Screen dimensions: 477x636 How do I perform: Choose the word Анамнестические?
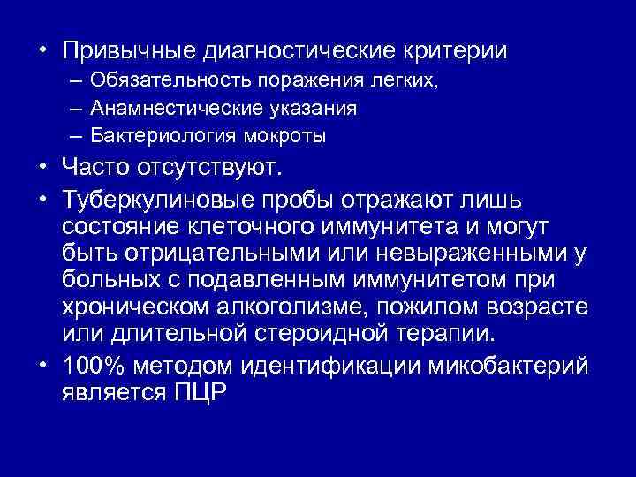(x=165, y=109)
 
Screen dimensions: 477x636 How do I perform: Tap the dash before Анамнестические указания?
(x=72, y=109)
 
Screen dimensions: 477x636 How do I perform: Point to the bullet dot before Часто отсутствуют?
(x=42, y=169)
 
